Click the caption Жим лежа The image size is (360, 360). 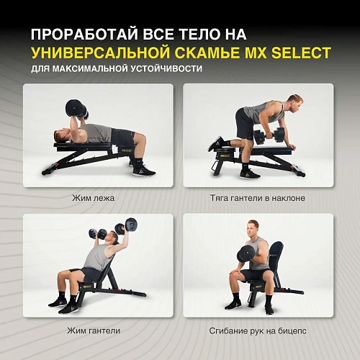93,197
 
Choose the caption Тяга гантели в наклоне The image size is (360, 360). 258,197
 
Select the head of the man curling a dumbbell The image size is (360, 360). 253,229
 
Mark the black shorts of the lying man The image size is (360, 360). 122,137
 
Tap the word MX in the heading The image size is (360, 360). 246,53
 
